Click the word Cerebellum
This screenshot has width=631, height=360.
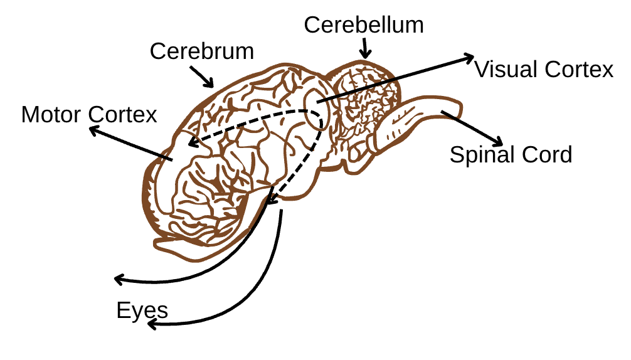click(x=364, y=25)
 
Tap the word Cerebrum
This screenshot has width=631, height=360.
click(x=201, y=51)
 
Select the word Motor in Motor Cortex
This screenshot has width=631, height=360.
click(x=51, y=115)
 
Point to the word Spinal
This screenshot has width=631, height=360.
click(x=482, y=154)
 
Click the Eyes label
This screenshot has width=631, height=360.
click(x=142, y=310)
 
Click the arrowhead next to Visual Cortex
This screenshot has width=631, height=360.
click(x=469, y=57)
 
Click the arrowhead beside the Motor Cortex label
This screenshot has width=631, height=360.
click(x=93, y=130)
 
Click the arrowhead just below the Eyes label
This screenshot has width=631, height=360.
click(x=151, y=324)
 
